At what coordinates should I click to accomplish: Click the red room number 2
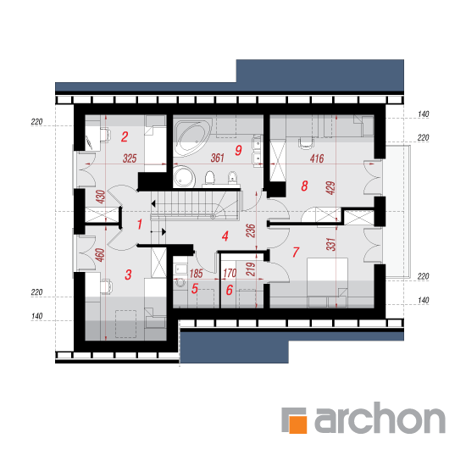pos(125,136)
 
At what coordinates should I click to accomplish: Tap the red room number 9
pos(238,150)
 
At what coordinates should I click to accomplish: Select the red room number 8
pos(304,186)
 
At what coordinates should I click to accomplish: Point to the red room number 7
pos(296,252)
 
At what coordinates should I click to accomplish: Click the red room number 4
pos(225,236)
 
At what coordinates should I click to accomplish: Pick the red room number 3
pos(128,275)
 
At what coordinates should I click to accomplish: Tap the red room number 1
pos(140,225)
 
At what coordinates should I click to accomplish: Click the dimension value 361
pos(217,158)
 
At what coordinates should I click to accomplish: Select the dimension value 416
pos(317,158)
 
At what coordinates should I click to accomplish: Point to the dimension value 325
pos(130,158)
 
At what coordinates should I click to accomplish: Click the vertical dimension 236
pos(251,230)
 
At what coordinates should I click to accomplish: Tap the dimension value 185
pos(197,274)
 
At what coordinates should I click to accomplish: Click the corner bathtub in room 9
pos(192,137)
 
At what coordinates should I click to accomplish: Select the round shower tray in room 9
pos(184,177)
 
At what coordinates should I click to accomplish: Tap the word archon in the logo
pos(380,417)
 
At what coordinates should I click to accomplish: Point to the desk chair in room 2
pos(105,135)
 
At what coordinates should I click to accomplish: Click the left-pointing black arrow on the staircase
pos(153,204)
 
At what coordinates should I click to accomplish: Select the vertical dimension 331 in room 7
pos(330,244)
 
